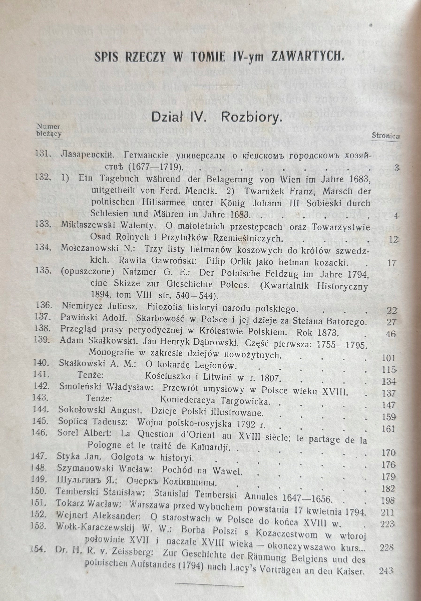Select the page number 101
coord(387,358)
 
